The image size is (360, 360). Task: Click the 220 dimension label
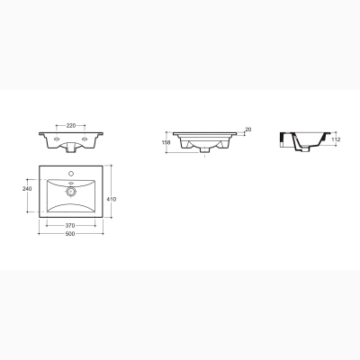71,126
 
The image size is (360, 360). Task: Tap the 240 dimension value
27,189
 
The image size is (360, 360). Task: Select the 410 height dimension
112,199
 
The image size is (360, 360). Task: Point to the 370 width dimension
70,226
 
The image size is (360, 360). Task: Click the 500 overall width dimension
70,234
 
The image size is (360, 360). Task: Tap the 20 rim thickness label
248,130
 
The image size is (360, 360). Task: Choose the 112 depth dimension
337,139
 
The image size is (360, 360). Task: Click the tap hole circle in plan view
71,173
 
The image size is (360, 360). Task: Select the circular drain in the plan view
71,191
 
